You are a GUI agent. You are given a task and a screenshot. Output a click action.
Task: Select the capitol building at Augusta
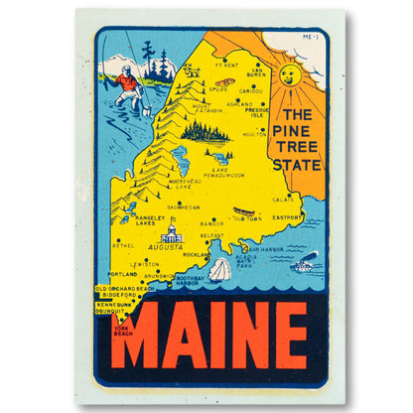point(172,233)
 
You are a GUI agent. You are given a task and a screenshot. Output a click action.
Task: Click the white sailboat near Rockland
point(219,268)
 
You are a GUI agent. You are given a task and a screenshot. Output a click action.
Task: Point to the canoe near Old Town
point(243,211)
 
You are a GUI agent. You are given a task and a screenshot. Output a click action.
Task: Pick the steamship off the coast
point(305,264)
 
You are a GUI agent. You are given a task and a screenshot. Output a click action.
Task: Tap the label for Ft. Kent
point(226,67)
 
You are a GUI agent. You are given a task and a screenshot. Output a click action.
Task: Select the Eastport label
point(289,216)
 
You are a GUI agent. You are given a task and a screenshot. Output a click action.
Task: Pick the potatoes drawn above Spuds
point(225,81)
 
